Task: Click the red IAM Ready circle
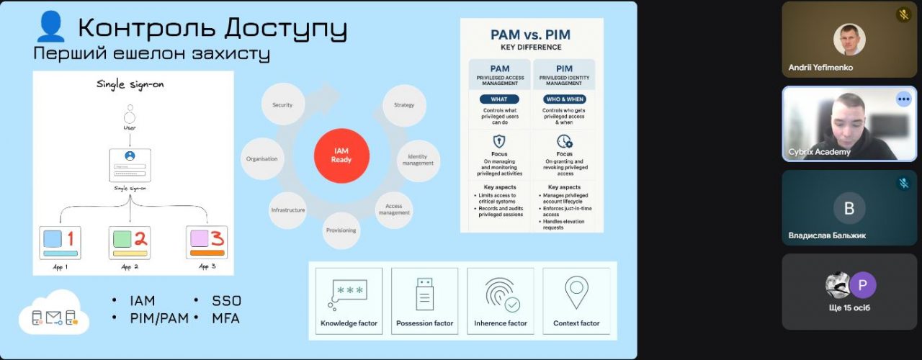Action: [341, 155]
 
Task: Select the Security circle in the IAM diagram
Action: [282, 105]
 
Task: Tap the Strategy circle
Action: [404, 105]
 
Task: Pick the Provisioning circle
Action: [340, 230]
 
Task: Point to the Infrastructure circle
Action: [288, 210]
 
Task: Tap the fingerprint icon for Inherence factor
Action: [501, 294]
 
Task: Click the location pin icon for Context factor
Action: [576, 292]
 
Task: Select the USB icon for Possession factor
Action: [425, 294]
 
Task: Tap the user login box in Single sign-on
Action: [130, 165]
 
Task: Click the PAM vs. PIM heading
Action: [531, 35]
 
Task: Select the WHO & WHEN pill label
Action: [565, 99]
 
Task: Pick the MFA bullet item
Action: [226, 318]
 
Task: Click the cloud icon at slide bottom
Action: [54, 314]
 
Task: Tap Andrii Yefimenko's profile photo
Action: [849, 40]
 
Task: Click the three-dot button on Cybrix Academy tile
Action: [903, 99]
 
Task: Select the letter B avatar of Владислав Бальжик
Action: [849, 209]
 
